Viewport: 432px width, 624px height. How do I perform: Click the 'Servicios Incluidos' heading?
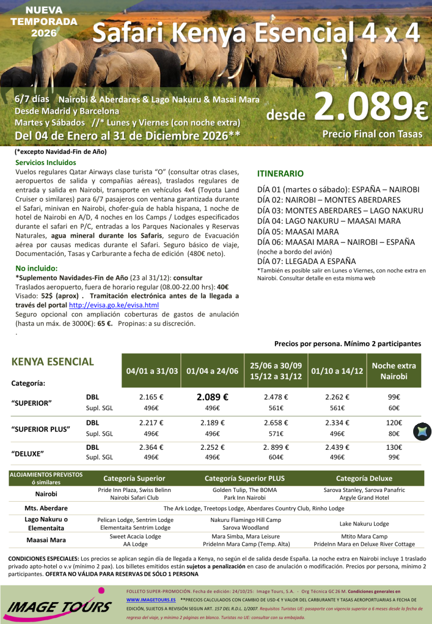point(46,163)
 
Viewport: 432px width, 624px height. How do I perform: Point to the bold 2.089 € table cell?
point(212,398)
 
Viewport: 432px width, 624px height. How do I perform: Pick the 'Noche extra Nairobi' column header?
point(393,371)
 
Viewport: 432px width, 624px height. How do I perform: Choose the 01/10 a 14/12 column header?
point(337,371)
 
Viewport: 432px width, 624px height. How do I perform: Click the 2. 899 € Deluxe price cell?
point(276,447)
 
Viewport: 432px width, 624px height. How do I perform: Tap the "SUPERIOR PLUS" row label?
point(41,429)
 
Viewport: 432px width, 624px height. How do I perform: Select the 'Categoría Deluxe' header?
point(364,478)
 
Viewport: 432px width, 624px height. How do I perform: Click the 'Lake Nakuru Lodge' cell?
point(364,523)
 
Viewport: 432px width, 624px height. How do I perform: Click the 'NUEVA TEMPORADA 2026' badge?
point(44,22)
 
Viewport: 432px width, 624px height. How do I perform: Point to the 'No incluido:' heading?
point(37,268)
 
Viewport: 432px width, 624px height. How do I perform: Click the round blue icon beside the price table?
point(422,432)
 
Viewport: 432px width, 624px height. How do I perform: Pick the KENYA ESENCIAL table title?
point(52,362)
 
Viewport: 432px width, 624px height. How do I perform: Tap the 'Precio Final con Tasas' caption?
point(372,134)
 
